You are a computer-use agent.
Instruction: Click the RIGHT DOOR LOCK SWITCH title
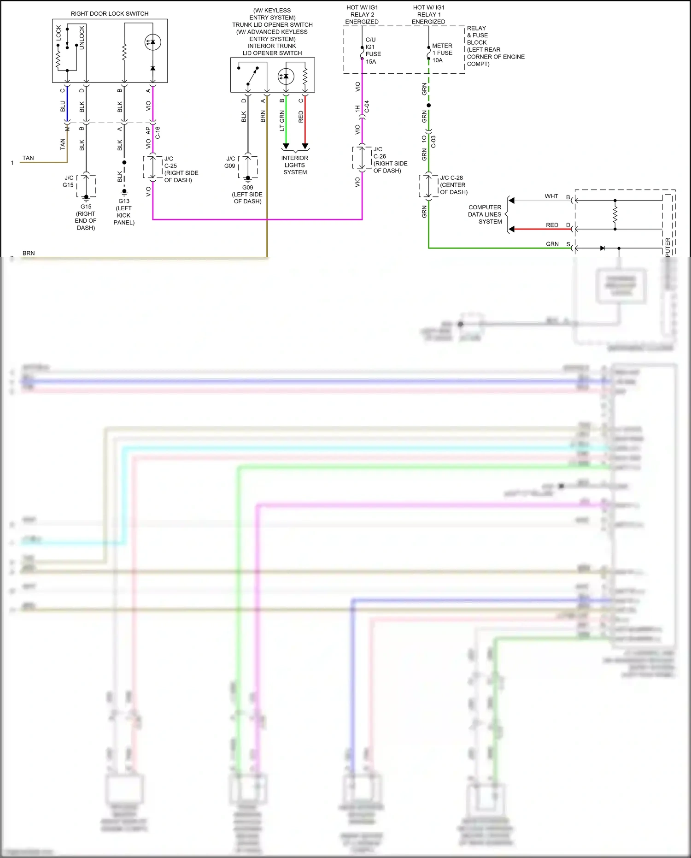pyautogui.click(x=110, y=14)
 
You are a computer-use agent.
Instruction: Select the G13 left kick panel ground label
pyautogui.click(x=124, y=212)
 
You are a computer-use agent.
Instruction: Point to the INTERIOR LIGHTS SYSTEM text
pyautogui.click(x=295, y=165)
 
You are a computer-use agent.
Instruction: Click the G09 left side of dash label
pyautogui.click(x=247, y=194)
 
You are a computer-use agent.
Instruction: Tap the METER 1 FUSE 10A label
pyautogui.click(x=442, y=53)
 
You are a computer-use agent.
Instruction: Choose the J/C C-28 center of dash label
pyautogui.click(x=453, y=185)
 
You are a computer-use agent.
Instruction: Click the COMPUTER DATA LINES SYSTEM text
pyautogui.click(x=485, y=214)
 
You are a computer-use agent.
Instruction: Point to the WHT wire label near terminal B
pyautogui.click(x=551, y=196)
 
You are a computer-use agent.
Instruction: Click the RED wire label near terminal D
pyautogui.click(x=552, y=225)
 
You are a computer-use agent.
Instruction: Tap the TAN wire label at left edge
pyautogui.click(x=28, y=158)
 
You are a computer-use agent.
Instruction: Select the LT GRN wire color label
pyautogui.click(x=282, y=121)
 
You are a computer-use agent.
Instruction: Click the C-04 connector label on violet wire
pyautogui.click(x=367, y=107)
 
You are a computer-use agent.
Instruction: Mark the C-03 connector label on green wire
pyautogui.click(x=433, y=142)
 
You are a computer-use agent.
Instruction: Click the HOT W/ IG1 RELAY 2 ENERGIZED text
pyautogui.click(x=362, y=15)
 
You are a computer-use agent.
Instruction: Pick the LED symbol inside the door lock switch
pyautogui.click(x=152, y=42)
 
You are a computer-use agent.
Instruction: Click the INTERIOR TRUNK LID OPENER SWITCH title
pyautogui.click(x=272, y=49)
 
